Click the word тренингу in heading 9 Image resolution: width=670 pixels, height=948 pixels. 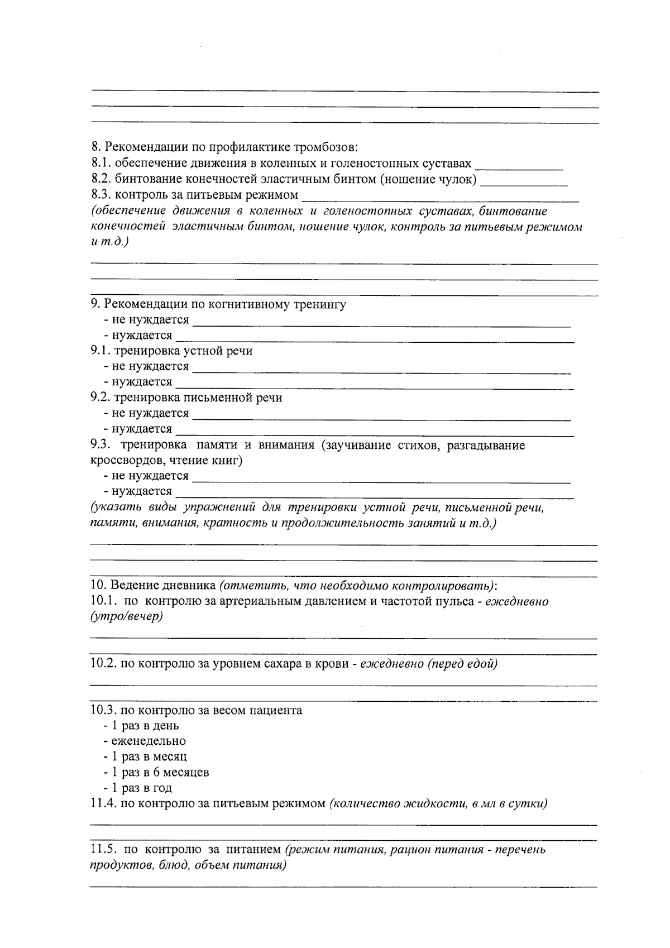(322, 304)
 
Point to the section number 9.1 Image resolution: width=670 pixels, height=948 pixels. (100, 351)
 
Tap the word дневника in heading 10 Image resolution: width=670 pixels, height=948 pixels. (189, 586)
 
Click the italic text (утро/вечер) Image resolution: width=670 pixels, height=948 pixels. (126, 617)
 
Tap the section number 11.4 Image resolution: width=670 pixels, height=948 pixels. (103, 804)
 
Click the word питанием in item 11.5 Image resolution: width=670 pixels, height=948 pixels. (253, 850)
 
